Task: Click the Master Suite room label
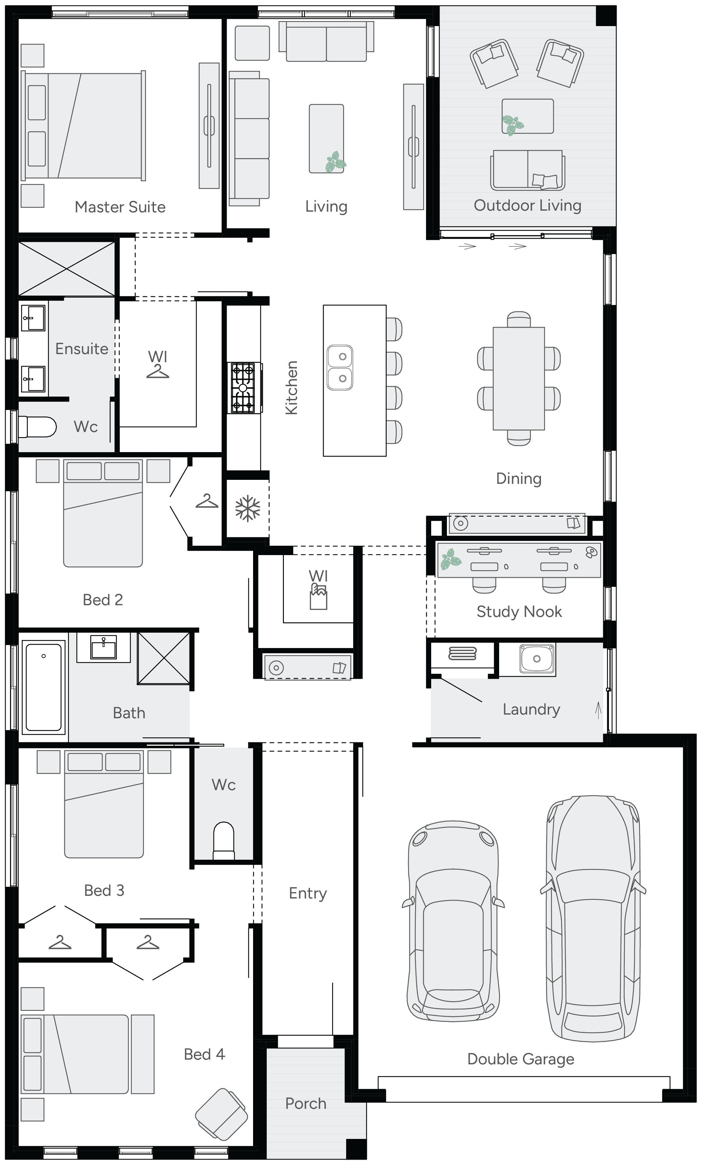click(120, 207)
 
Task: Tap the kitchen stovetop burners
click(243, 388)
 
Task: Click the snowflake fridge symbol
click(248, 508)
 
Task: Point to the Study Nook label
click(519, 612)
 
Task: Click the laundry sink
click(536, 658)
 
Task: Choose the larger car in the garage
click(593, 918)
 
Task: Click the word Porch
click(306, 1103)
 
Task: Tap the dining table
click(519, 379)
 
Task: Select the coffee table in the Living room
click(326, 138)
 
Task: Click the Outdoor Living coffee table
click(528, 116)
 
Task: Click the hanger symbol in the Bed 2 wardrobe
click(207, 501)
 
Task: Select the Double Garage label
click(521, 1059)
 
